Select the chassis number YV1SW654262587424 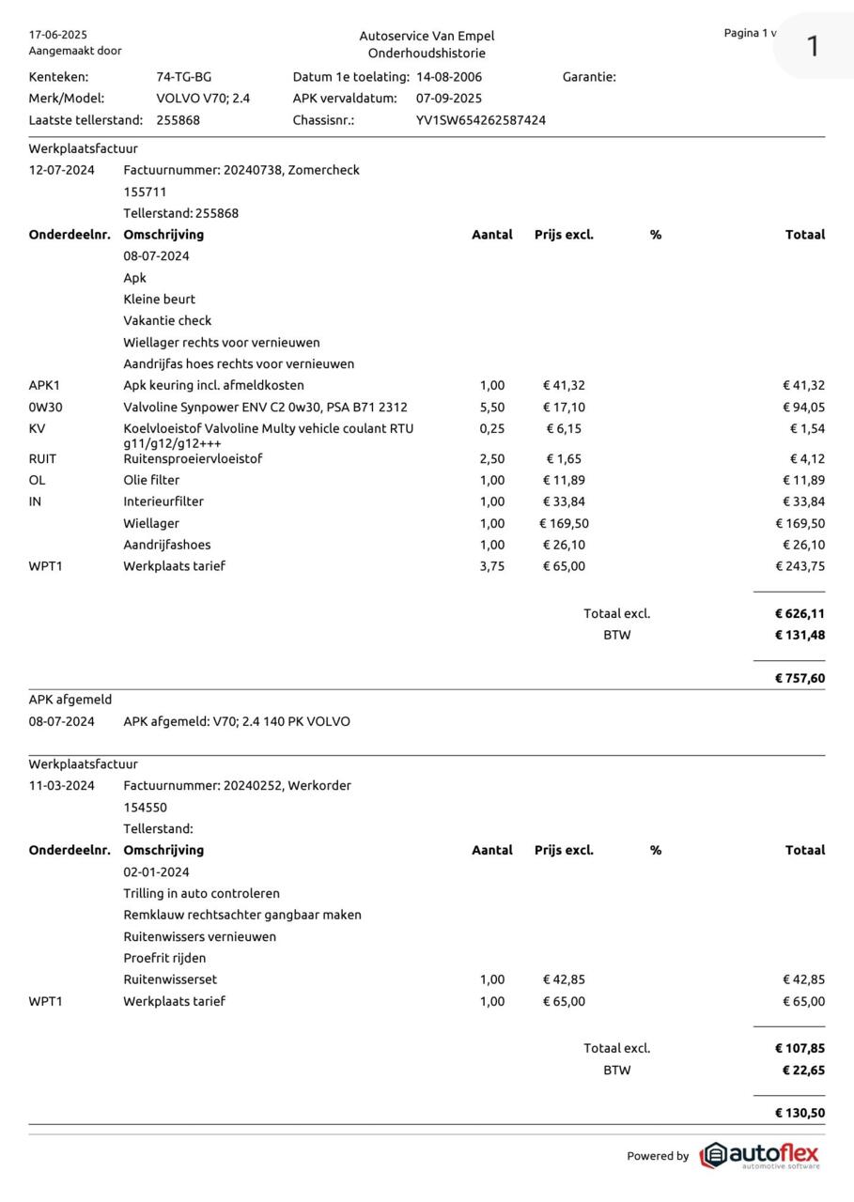481,120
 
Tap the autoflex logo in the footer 760,1155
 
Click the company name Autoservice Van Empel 427,36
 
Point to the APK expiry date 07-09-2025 449,99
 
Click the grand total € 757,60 800,678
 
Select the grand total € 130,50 800,1113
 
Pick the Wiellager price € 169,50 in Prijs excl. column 564,523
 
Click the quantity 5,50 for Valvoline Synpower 492,408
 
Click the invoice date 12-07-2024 62,170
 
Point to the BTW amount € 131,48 800,635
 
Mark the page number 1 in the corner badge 813,45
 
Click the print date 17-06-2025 58,35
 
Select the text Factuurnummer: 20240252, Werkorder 237,785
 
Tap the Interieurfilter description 163,501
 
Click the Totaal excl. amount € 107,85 800,1048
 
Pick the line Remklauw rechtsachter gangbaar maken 242,915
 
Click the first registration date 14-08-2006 449,77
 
